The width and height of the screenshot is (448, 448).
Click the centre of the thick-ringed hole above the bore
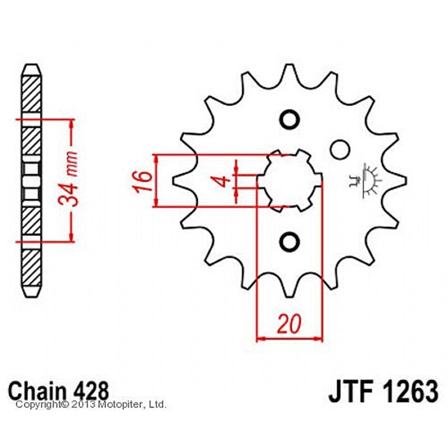click(290, 120)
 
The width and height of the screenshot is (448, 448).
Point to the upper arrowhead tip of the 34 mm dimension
click(72, 120)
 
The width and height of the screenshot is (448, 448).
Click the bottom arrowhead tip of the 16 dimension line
click(157, 207)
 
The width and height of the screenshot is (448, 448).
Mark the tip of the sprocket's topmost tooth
click(290, 65)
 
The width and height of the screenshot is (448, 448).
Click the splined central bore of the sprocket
click(290, 181)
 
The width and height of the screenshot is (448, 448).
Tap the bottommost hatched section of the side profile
click(31, 268)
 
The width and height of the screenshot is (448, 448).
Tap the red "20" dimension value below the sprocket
click(289, 324)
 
